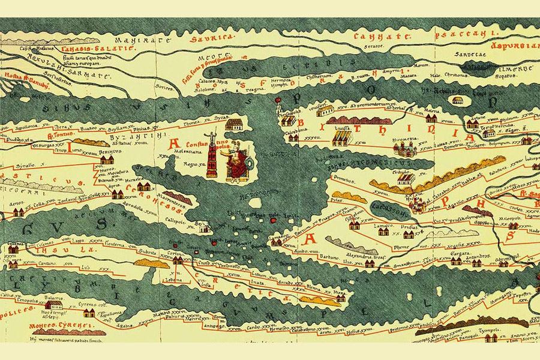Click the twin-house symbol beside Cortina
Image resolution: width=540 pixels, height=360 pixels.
click(178, 262)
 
